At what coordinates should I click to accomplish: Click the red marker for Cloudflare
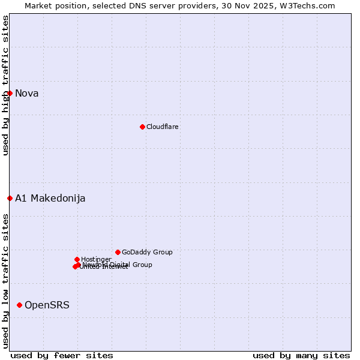tap(142, 127)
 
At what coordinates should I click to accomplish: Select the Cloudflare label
tap(162, 127)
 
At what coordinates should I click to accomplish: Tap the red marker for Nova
tap(10, 93)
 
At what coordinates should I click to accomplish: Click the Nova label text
tap(26, 93)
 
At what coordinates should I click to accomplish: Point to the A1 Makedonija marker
tap(10, 198)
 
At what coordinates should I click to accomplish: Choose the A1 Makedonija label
tap(50, 198)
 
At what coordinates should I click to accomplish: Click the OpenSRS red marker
tap(19, 305)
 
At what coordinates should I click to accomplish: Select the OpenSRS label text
tap(47, 305)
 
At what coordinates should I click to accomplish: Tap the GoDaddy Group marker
tap(118, 252)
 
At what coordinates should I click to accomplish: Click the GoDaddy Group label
tap(147, 252)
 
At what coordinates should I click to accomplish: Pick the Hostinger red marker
tap(77, 259)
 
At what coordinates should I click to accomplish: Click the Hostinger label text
tap(96, 259)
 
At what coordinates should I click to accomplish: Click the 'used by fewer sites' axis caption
tap(62, 355)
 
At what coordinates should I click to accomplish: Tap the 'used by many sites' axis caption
tap(301, 355)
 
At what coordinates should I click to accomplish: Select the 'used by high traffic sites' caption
tap(6, 85)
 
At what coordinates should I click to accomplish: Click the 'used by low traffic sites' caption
tap(6, 281)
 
